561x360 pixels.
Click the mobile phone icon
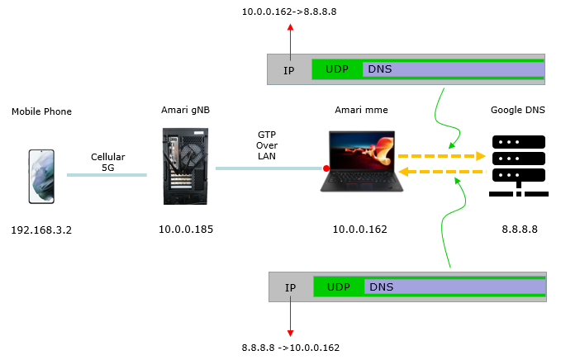point(41,177)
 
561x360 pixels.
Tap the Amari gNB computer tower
point(185,166)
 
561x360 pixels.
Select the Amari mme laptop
point(362,161)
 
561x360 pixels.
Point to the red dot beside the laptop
point(326,168)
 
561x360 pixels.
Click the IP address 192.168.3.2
point(41,230)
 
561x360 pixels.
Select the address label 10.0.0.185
point(186,230)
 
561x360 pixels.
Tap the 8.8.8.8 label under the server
point(520,230)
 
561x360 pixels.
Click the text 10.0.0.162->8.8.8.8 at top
point(289,12)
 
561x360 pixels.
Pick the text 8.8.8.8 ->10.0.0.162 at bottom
point(291,348)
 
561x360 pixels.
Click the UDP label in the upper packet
point(336,69)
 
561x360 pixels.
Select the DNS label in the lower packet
point(382,287)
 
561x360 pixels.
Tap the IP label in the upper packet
point(288,71)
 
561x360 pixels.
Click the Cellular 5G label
point(108,162)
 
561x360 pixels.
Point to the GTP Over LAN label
point(267,145)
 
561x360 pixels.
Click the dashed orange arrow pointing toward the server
point(442,156)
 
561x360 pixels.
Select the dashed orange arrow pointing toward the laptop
point(442,172)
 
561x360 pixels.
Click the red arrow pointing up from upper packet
point(291,42)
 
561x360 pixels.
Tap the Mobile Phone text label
point(41,111)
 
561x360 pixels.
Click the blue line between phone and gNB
point(107,175)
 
